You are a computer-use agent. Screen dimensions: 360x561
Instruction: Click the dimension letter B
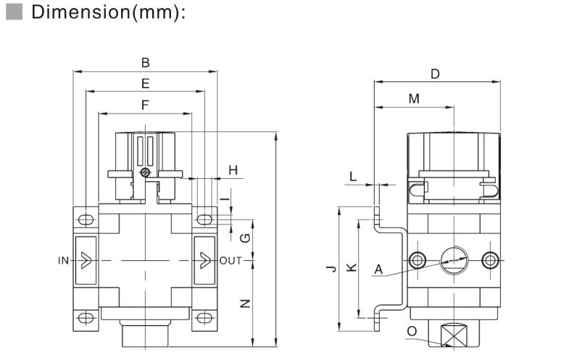[x=146, y=63]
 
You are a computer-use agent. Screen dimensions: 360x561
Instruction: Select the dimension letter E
[x=146, y=83]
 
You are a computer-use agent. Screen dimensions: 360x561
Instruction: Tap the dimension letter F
[x=146, y=105]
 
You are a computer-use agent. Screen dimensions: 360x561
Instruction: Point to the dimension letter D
[x=435, y=74]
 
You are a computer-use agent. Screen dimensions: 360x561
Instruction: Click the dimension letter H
[x=233, y=169]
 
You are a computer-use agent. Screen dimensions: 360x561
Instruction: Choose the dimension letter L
[x=353, y=176]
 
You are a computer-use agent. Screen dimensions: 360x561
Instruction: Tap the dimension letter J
[x=331, y=269]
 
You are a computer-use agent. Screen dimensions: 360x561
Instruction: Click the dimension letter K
[x=351, y=268]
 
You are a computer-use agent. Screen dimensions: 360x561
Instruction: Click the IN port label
[x=64, y=259]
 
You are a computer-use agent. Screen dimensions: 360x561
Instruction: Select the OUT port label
[x=231, y=259]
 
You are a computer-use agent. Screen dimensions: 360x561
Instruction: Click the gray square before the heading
[x=12, y=13]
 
